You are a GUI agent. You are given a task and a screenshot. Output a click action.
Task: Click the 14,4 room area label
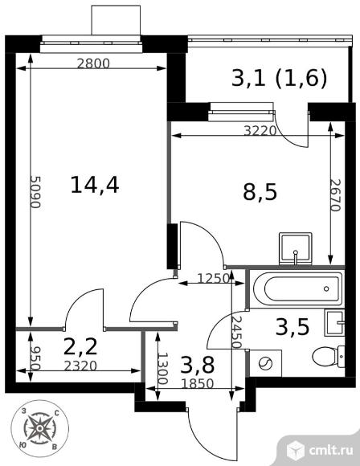click(95, 185)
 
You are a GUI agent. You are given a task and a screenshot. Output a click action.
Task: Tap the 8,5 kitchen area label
click(260, 192)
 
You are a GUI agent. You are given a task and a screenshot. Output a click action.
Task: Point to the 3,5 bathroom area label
click(292, 326)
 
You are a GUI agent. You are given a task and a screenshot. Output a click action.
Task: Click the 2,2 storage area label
click(80, 346)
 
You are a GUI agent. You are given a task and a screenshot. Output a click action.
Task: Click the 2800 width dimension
click(93, 63)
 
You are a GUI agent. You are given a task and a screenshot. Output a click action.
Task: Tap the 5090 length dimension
click(35, 192)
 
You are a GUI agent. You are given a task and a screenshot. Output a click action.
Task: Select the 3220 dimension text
click(260, 130)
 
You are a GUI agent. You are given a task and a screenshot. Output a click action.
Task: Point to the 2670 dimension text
click(335, 195)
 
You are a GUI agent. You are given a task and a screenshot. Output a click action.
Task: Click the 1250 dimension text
click(214, 279)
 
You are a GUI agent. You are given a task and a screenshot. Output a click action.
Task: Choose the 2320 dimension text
click(80, 366)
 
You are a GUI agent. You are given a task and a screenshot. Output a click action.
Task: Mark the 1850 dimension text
click(198, 384)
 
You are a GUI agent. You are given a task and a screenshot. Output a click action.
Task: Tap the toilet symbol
click(329, 356)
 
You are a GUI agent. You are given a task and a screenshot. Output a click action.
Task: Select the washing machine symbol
click(265, 363)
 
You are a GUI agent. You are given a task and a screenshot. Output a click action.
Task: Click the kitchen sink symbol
click(296, 249)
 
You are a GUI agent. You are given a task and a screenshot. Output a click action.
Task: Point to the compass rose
click(39, 428)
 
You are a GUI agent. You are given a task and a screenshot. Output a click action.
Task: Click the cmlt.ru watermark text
click(330, 450)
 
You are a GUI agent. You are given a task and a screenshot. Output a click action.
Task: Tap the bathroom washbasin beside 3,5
click(335, 322)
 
